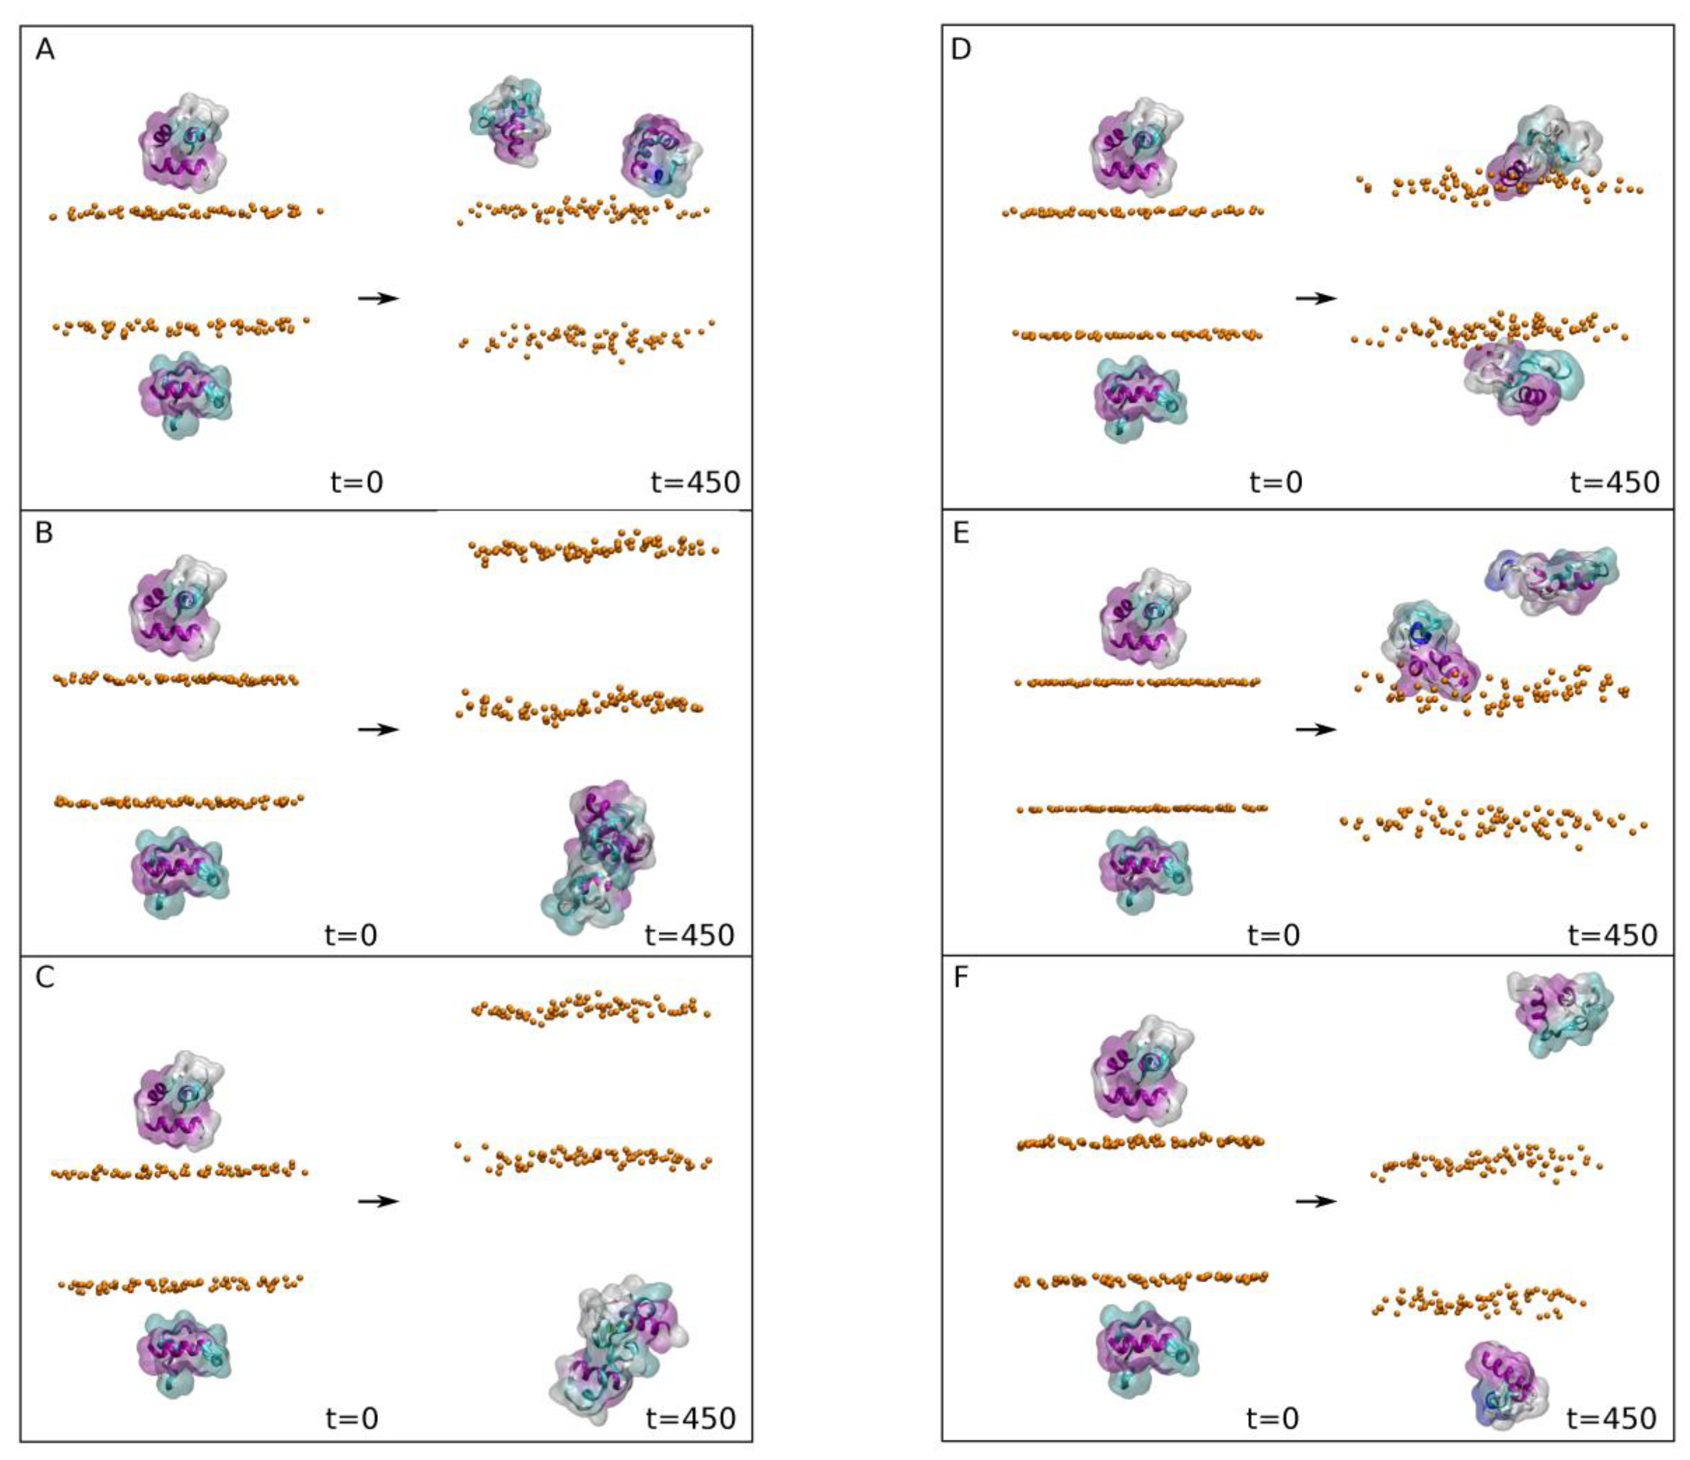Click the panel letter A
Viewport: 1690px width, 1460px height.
click(x=45, y=50)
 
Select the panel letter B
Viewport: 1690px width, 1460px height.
click(x=45, y=532)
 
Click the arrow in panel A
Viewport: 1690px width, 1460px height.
click(x=378, y=299)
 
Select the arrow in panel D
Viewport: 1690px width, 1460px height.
click(x=1316, y=299)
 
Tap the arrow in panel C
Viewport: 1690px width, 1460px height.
click(x=378, y=1201)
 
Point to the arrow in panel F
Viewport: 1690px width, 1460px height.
click(x=1316, y=1201)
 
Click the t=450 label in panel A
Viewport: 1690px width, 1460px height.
click(x=695, y=482)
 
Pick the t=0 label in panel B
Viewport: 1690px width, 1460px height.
click(x=351, y=934)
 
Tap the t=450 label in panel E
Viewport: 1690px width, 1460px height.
click(x=1613, y=934)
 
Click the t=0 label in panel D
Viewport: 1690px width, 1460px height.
click(x=1276, y=482)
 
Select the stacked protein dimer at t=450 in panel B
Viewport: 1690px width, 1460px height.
click(x=600, y=856)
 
